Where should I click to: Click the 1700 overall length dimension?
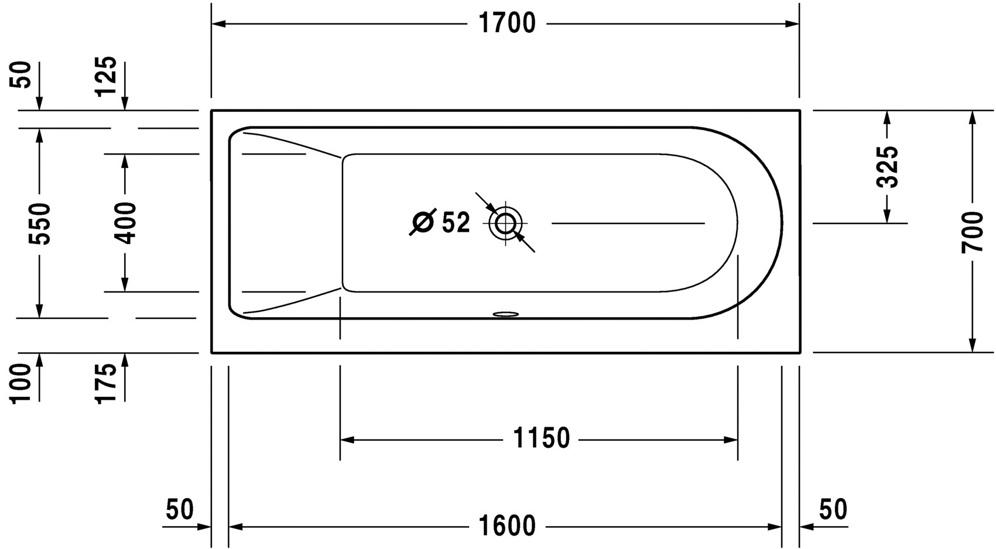(x=506, y=24)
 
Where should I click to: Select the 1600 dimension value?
(x=506, y=527)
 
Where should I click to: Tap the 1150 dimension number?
(x=541, y=439)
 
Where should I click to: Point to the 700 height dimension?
(x=973, y=232)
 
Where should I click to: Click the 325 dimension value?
(x=887, y=167)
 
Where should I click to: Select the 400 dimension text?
(x=125, y=223)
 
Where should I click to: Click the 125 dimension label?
(x=107, y=77)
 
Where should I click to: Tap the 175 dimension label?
(x=107, y=383)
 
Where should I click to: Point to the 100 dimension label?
(x=22, y=383)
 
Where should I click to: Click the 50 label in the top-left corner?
(x=22, y=74)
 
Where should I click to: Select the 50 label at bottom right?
(x=833, y=510)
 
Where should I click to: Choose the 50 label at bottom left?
(x=179, y=510)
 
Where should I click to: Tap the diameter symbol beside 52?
(x=423, y=222)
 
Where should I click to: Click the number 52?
(x=456, y=223)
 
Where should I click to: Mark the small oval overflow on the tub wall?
(x=506, y=314)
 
